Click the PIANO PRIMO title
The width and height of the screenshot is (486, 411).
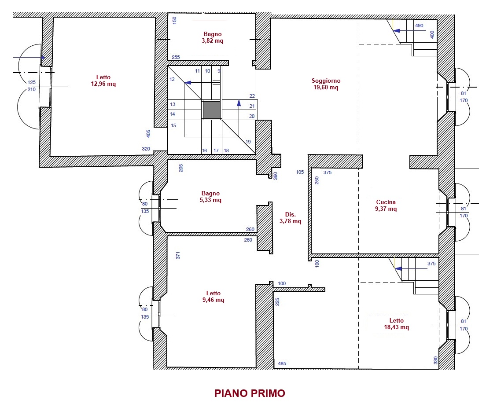250,393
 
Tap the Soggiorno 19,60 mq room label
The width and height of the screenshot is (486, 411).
326,84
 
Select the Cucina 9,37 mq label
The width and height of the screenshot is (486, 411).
386,205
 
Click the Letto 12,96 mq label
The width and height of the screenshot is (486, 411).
103,81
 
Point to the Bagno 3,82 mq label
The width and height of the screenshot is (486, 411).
212,37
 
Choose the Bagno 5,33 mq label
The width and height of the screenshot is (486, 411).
210,197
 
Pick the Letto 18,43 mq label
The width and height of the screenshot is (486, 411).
397,324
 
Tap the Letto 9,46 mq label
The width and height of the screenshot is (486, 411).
213,297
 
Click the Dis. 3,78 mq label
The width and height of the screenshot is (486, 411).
291,218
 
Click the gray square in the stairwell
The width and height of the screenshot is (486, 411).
212,110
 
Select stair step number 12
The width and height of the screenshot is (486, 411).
172,79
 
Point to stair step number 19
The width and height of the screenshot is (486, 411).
248,142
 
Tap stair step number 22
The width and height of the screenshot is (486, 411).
252,96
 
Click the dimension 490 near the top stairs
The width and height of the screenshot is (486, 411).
419,26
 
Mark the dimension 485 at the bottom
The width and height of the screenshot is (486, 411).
282,363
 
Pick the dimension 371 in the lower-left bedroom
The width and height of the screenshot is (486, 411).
178,256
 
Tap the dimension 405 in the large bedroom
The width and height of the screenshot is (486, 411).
148,134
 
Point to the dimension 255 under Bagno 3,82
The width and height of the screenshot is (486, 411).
176,57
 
